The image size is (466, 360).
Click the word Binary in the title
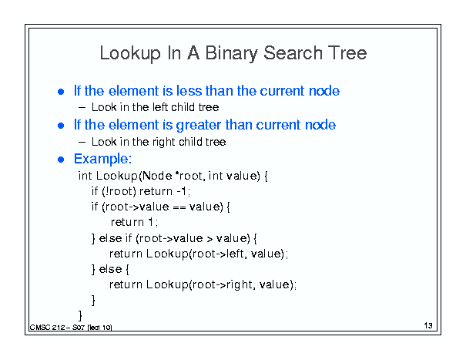[x=230, y=53]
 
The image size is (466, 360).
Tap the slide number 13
[x=428, y=325]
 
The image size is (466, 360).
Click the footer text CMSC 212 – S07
[x=57, y=328]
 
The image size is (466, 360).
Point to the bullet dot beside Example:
[x=61, y=160]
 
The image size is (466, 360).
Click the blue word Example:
[x=103, y=159]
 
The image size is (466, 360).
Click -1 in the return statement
[x=182, y=191]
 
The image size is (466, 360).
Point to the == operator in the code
[x=179, y=207]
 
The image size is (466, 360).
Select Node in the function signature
[x=157, y=176]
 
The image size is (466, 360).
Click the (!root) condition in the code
[x=119, y=191]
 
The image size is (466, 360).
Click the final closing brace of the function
[x=80, y=315]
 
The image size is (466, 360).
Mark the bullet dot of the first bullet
[x=61, y=92]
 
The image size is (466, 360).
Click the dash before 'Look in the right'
[x=82, y=142]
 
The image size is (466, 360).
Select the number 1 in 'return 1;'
[x=151, y=222]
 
